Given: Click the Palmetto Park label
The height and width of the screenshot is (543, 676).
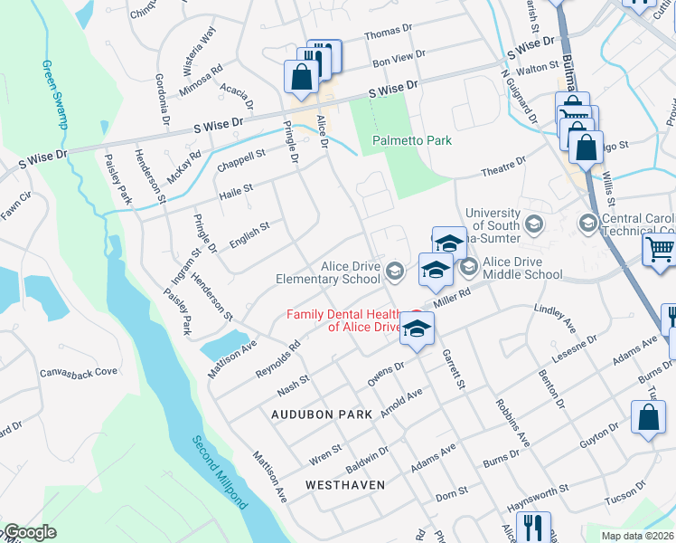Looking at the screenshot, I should coord(413,140).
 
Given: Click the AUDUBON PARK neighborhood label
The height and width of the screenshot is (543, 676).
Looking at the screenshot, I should coord(322,414).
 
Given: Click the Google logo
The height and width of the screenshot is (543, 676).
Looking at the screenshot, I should coord(30,532).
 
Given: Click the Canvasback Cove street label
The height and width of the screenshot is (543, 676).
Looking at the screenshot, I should coord(80,371).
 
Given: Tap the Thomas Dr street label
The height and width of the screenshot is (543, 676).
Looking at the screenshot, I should coord(388,33).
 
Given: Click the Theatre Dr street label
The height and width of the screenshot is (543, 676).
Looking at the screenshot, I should coord(502,166).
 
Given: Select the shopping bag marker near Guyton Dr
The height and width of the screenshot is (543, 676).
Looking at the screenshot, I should coord(648,418).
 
